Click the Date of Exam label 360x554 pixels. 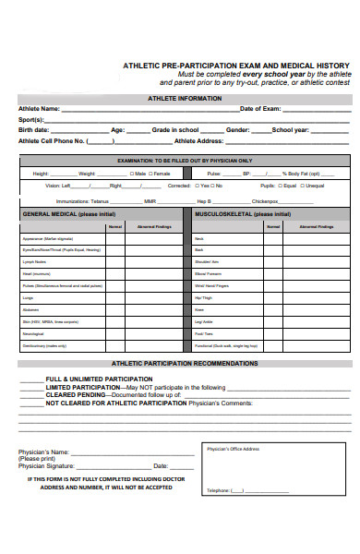[261, 109]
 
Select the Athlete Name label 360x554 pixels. [39, 109]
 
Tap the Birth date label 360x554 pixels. [34, 130]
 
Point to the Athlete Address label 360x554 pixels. [198, 141]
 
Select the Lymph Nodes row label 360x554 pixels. [33, 261]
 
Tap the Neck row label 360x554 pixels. [198, 238]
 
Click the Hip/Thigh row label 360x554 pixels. [202, 298]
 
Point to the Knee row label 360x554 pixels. [198, 310]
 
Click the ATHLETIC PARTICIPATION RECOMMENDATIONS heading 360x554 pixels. [184, 363]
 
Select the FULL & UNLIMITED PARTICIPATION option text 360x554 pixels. [99, 379]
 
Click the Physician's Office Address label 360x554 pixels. [234, 449]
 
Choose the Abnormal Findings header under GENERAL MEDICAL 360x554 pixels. [153, 226]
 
